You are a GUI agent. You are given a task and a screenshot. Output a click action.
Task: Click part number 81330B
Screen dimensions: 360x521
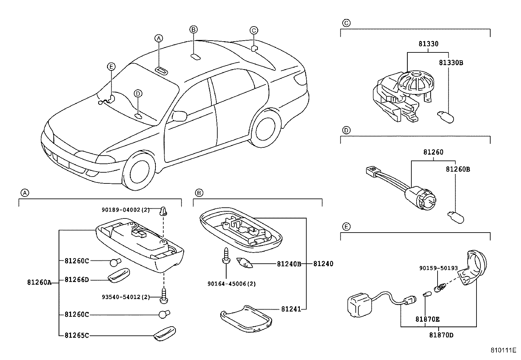pos(451,63)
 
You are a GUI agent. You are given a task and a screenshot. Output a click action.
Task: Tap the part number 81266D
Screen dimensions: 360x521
pos(77,279)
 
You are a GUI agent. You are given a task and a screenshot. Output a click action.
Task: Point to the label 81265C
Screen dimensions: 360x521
pos(77,335)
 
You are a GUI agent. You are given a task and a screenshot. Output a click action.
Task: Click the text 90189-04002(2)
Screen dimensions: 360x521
pos(125,210)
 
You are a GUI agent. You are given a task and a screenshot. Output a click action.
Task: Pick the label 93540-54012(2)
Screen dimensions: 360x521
pos(126,297)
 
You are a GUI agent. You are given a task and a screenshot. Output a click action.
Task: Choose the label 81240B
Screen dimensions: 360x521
pos(289,264)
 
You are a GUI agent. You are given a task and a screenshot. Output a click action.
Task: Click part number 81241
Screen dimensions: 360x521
pos(291,309)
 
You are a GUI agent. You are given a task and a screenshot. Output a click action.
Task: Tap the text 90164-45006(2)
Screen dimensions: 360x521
pos(231,284)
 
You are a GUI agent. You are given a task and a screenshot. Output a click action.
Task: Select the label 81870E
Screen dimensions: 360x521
pos(427,319)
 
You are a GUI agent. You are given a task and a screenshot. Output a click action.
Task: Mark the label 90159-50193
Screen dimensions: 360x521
pos(439,268)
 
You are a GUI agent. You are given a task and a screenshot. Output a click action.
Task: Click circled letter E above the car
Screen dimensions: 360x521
pos(111,67)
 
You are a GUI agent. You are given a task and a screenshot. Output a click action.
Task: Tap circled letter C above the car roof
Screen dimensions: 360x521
pos(254,30)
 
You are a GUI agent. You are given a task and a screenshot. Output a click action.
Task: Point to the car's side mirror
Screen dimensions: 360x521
pos(180,116)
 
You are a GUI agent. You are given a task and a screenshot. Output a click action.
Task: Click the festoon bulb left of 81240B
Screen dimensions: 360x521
pos(244,262)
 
